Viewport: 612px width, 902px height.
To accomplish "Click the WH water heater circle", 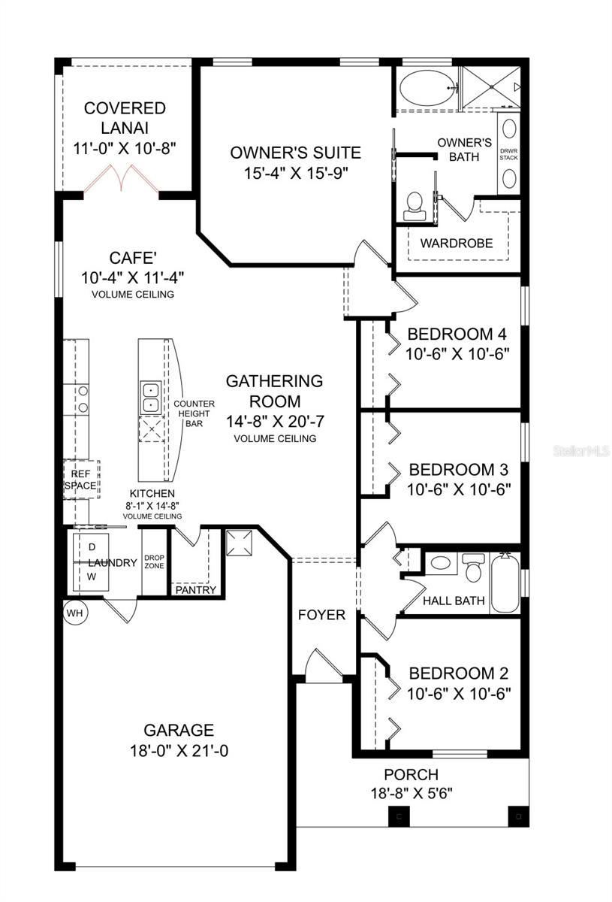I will point(76,613).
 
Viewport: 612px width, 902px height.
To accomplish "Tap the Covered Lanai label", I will point(125,118).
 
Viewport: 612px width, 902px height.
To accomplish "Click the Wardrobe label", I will point(456,243).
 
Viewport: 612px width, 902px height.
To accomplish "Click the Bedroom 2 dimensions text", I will point(459,693).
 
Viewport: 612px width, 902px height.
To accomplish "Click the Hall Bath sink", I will point(441,562).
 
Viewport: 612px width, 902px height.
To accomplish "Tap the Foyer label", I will point(321,615).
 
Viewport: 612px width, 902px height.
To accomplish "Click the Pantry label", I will point(196,590).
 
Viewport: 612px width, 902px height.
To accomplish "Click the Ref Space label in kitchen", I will point(80,480).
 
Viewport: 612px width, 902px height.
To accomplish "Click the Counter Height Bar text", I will point(194,413).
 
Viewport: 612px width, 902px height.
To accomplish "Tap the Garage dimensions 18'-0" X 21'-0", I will point(179,750).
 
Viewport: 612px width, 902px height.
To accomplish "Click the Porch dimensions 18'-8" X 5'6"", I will point(411,792).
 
